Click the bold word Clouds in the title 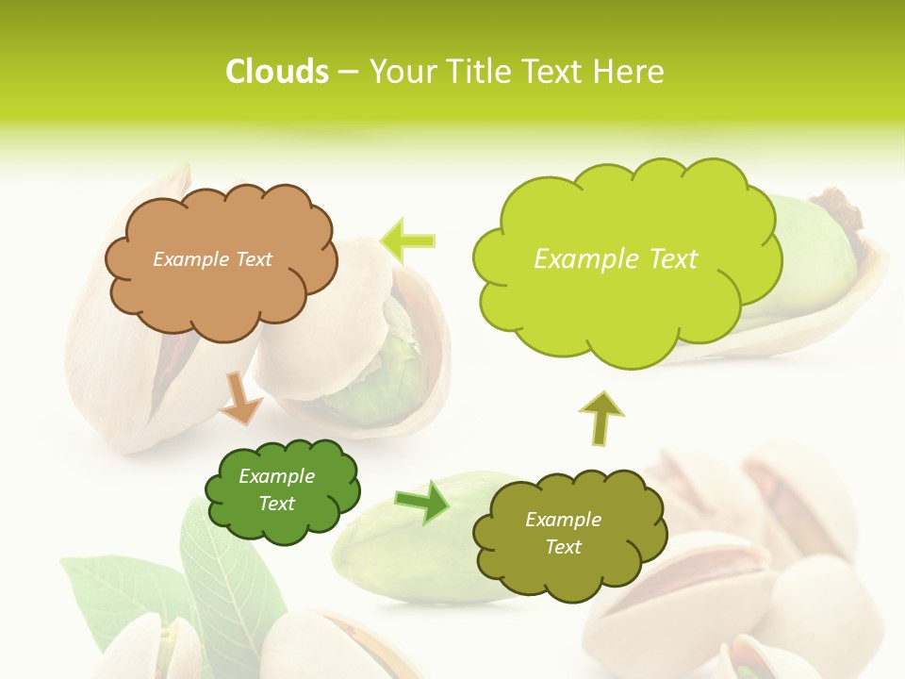[x=276, y=72]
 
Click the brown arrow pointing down [x=240, y=398]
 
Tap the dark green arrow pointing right [x=422, y=501]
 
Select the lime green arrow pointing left [x=408, y=240]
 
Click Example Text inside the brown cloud [x=212, y=259]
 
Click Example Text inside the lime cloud [x=616, y=259]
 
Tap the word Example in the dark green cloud [x=276, y=476]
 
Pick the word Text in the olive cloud [x=563, y=547]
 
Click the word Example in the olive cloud [x=563, y=520]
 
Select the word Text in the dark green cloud [x=276, y=504]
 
